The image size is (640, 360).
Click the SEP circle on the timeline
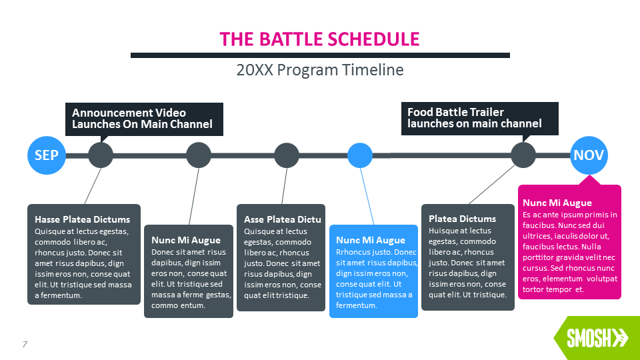pyautogui.click(x=47, y=155)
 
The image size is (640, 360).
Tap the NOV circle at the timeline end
pyautogui.click(x=589, y=155)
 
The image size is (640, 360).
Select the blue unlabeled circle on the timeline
pyautogui.click(x=360, y=155)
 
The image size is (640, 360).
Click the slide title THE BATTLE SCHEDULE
pyautogui.click(x=320, y=39)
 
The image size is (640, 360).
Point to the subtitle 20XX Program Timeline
pyautogui.click(x=320, y=69)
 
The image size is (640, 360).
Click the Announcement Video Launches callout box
pyautogui.click(x=143, y=119)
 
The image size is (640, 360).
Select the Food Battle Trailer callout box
pyautogui.click(x=479, y=118)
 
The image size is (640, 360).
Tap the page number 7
pyautogui.click(x=25, y=344)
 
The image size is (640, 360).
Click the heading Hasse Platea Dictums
pyautogui.click(x=83, y=219)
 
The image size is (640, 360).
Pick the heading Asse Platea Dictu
pyautogui.click(x=283, y=219)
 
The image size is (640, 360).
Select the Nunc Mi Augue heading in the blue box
pyautogui.click(x=371, y=240)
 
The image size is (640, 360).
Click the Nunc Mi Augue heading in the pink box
pyautogui.click(x=557, y=203)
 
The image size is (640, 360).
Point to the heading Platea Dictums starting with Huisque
pyautogui.click(x=462, y=219)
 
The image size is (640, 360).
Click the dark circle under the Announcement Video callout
pyautogui.click(x=101, y=155)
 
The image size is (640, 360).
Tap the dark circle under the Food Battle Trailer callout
pyautogui.click(x=523, y=155)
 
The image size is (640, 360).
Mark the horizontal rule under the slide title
pyautogui.click(x=320, y=55)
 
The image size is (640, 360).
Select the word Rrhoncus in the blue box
pyautogui.click(x=354, y=252)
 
